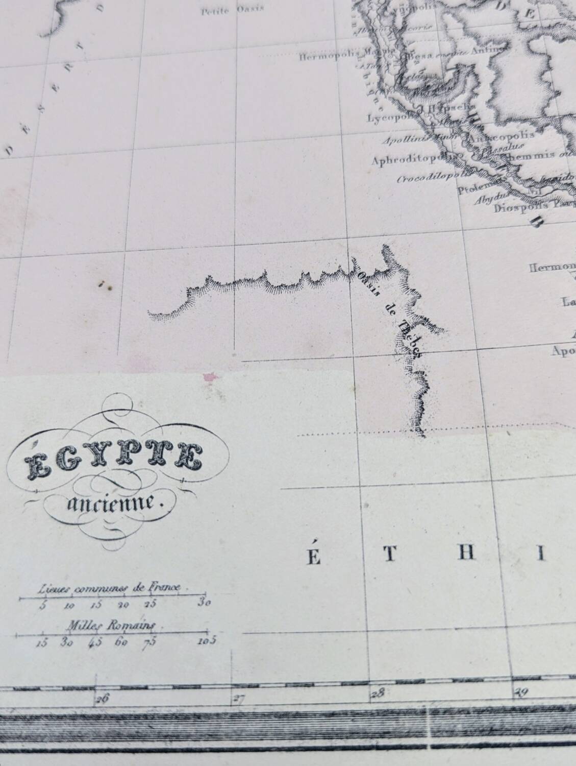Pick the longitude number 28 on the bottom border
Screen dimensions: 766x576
point(378,693)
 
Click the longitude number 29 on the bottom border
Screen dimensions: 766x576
point(520,691)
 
